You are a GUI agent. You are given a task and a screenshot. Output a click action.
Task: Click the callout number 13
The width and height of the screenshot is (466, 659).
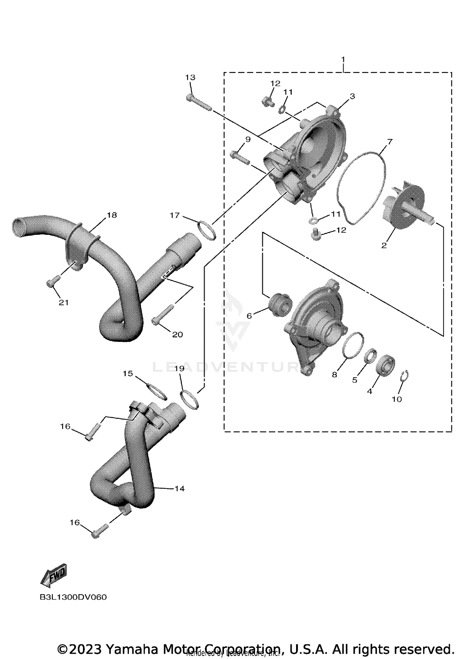point(190,77)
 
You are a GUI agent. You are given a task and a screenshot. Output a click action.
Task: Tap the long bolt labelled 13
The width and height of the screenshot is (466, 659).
point(199,103)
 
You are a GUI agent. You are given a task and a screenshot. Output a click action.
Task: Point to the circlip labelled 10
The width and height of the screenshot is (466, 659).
point(404,376)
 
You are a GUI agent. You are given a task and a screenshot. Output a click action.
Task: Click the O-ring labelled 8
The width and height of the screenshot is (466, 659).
point(354,345)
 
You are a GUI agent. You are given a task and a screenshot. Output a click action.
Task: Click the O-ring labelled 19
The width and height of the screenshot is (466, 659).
point(190,400)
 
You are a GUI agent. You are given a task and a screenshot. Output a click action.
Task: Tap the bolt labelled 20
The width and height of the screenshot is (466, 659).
point(163,314)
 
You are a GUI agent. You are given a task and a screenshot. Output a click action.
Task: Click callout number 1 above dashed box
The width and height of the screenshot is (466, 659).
point(343,59)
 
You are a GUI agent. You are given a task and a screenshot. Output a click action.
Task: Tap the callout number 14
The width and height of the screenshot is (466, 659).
point(180,488)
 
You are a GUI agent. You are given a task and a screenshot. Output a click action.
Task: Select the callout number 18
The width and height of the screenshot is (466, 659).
point(112,215)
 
